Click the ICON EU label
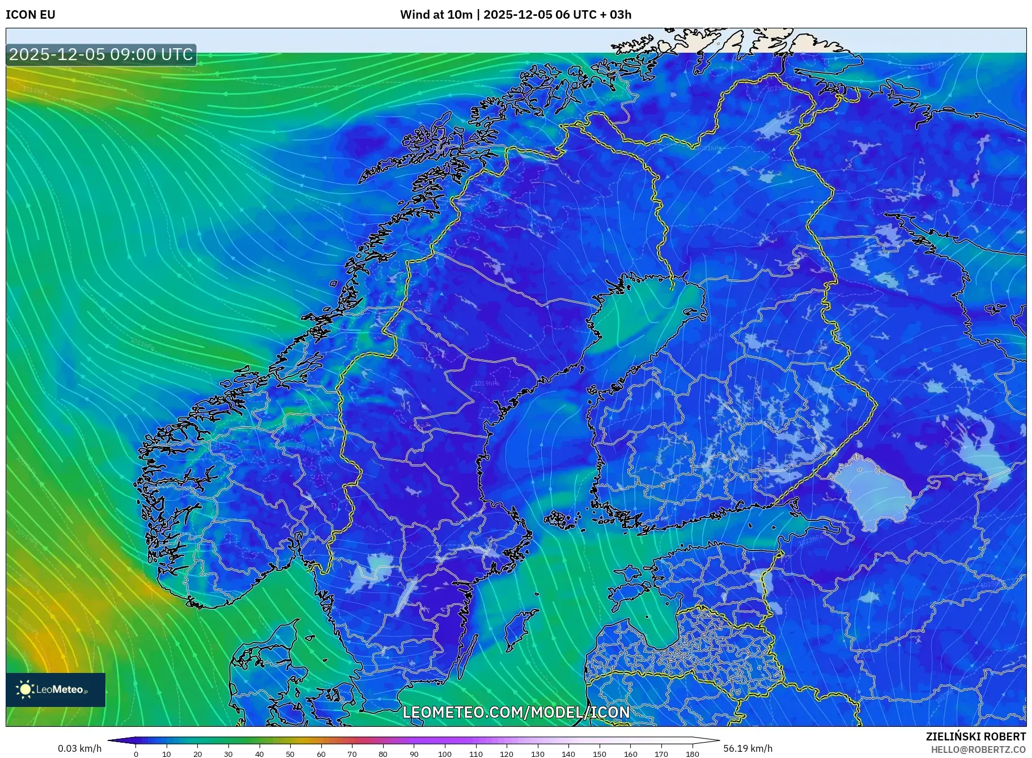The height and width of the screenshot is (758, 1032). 31,15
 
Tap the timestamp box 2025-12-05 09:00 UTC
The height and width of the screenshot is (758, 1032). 101,54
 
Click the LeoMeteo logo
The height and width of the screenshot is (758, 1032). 56,689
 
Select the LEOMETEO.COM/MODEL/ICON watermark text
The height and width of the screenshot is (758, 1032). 516,712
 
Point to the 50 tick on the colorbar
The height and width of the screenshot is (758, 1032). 290,754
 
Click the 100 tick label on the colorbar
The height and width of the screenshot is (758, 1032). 445,754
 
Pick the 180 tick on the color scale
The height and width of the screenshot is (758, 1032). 692,754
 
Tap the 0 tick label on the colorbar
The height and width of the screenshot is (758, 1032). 136,754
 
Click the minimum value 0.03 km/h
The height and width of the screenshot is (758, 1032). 80,748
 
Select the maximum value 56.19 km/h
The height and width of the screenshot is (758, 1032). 748,748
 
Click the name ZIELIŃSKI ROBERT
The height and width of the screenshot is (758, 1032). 975,736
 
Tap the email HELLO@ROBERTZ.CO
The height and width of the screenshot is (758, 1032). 978,749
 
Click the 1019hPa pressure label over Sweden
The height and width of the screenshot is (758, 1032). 487,383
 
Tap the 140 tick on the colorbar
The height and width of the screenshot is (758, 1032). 568,754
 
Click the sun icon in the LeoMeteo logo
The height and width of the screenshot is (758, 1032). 26,689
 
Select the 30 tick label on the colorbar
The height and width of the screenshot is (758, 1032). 228,754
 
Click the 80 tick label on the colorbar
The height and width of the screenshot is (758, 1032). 383,754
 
